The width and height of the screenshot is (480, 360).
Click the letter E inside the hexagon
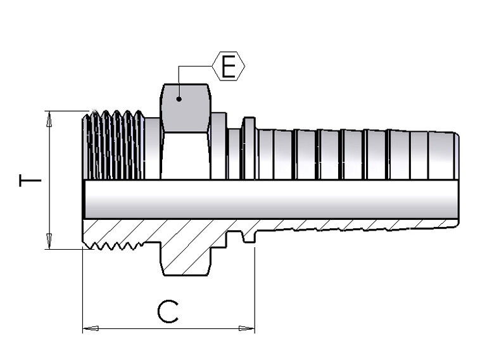(229, 67)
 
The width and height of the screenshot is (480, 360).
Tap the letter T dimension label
(30, 181)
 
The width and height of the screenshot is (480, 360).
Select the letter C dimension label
(168, 312)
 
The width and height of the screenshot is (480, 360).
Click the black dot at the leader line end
(179, 99)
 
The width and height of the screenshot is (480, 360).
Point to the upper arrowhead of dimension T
(49, 119)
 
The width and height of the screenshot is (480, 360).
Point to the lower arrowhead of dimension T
(49, 241)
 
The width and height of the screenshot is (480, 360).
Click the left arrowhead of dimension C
(91, 328)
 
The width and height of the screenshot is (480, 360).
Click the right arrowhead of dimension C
(247, 328)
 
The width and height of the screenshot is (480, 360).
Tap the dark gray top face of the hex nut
(186, 108)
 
